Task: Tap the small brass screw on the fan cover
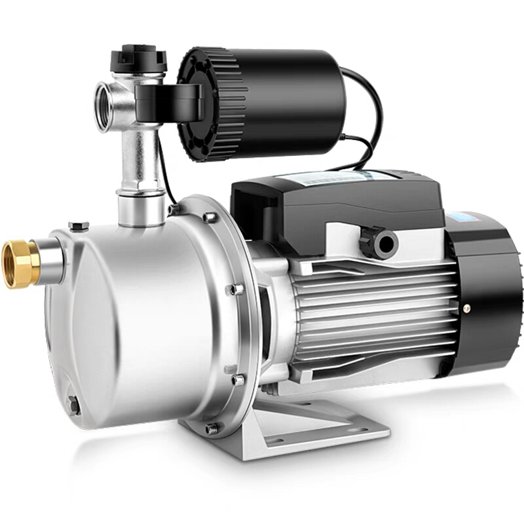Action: tap(466, 307)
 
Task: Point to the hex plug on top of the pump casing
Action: tap(79, 226)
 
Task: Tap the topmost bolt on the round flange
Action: tap(209, 217)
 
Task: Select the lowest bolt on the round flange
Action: tap(212, 429)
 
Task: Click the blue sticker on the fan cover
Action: tap(466, 216)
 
